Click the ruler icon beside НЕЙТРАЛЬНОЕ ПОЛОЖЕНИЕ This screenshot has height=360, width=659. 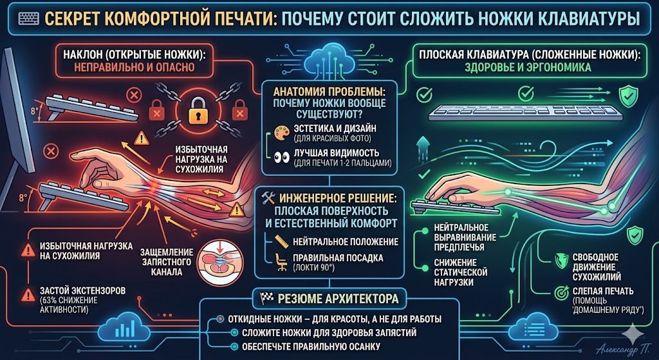tap(281, 242)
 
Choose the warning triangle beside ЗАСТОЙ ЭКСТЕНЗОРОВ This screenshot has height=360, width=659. tap(28, 294)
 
